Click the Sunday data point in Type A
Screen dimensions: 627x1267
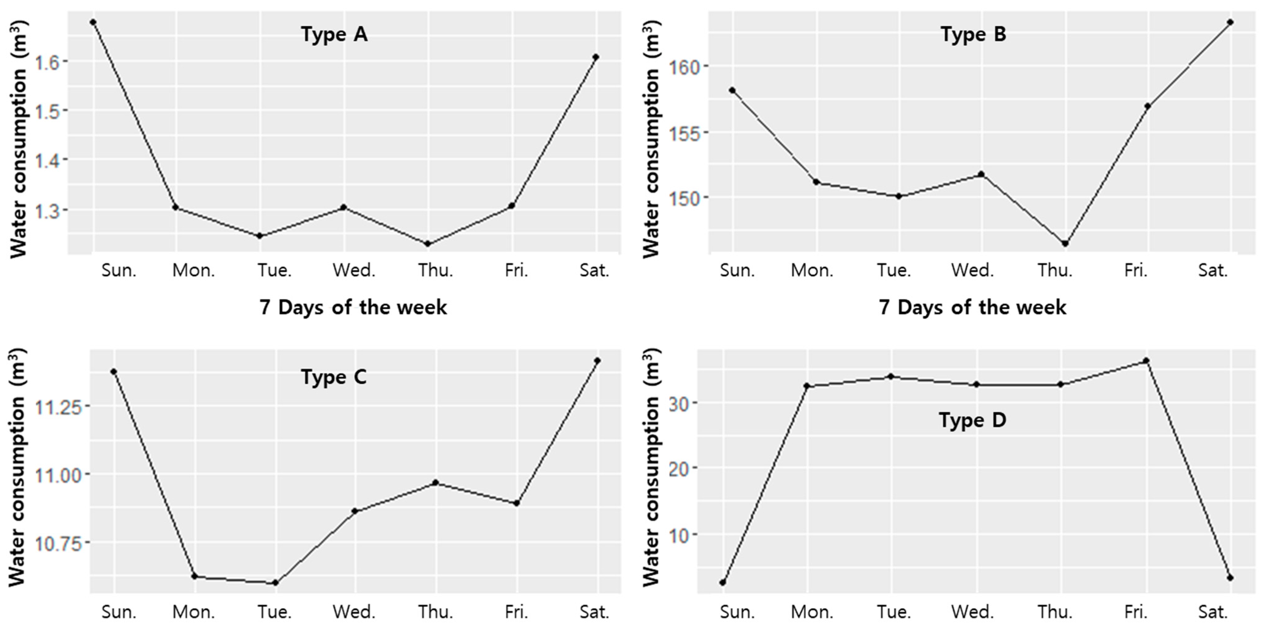(93, 22)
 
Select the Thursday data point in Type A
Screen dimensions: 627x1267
(427, 244)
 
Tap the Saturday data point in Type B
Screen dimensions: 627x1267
(1230, 22)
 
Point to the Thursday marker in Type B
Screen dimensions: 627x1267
(1065, 244)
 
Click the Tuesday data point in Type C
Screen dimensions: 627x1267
(276, 583)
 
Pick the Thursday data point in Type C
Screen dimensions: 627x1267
(435, 483)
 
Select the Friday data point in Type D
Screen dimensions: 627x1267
(1146, 361)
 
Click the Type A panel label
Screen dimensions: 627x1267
(334, 34)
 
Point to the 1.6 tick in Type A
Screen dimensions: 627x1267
(47, 63)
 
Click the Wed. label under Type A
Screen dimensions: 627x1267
(354, 270)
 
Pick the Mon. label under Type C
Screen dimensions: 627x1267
(193, 612)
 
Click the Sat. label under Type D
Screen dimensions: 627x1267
(1213, 612)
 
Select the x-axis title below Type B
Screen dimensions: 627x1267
(972, 307)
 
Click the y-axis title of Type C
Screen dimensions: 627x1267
(17, 467)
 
